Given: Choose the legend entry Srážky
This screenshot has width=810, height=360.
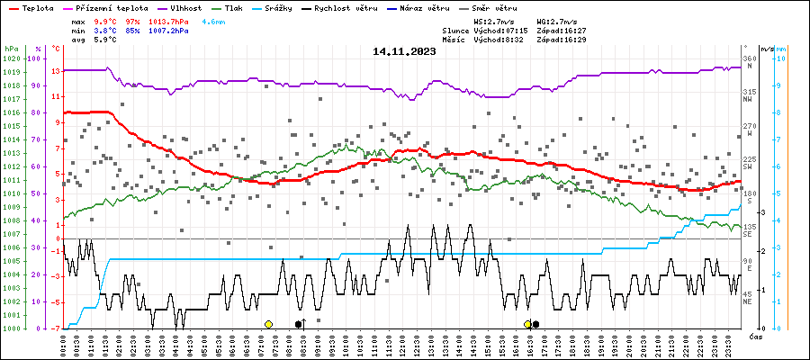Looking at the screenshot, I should pos(282,6).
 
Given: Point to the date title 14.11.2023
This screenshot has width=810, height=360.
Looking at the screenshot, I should pos(404,52).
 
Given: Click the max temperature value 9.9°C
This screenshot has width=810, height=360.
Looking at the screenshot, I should pos(104,20).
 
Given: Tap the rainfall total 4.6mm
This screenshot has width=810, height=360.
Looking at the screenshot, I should pos(213,20).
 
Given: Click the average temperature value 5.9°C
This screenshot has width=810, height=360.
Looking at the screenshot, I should pos(104,40).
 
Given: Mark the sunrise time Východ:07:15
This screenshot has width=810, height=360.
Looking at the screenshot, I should pos(496,30).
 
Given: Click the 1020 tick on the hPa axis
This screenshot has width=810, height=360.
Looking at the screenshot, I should pos(12,58).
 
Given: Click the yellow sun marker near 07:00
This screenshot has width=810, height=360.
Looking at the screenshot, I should pos(268,324).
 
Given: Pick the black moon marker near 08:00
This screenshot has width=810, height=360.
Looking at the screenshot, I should pos(299,324).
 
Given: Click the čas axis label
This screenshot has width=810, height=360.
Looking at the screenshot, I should pos(756,336).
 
